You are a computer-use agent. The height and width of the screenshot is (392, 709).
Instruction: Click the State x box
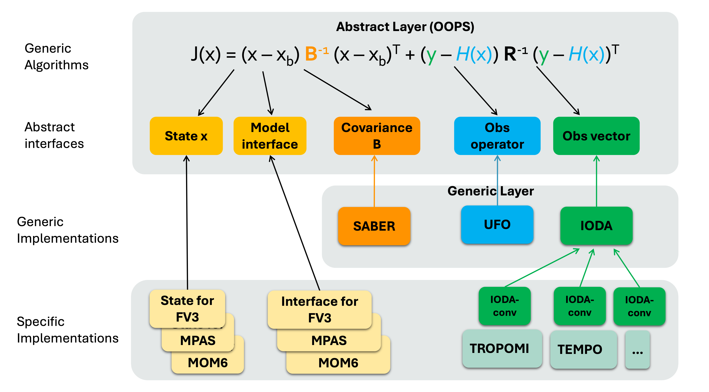tap(186, 136)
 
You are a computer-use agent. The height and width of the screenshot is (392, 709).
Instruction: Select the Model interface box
tap(270, 136)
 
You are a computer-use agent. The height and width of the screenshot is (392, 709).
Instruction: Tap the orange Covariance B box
tap(377, 136)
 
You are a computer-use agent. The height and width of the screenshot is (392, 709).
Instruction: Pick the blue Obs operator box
tap(497, 136)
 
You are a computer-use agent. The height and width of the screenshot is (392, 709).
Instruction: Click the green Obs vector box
tap(596, 136)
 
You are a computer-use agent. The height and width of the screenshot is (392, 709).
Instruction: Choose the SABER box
tap(374, 226)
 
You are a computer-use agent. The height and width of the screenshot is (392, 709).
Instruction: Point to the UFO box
tap(497, 224)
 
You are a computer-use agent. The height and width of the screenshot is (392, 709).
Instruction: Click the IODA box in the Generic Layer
tap(596, 226)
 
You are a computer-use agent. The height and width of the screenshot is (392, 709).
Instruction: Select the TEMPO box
tap(583, 349)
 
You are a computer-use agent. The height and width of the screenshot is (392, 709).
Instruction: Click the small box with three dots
tap(637, 350)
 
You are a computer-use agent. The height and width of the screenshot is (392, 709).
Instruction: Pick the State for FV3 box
tap(187, 308)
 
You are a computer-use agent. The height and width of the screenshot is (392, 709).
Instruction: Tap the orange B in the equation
tap(311, 54)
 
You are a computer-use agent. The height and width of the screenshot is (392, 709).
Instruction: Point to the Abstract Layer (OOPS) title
tap(405, 27)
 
